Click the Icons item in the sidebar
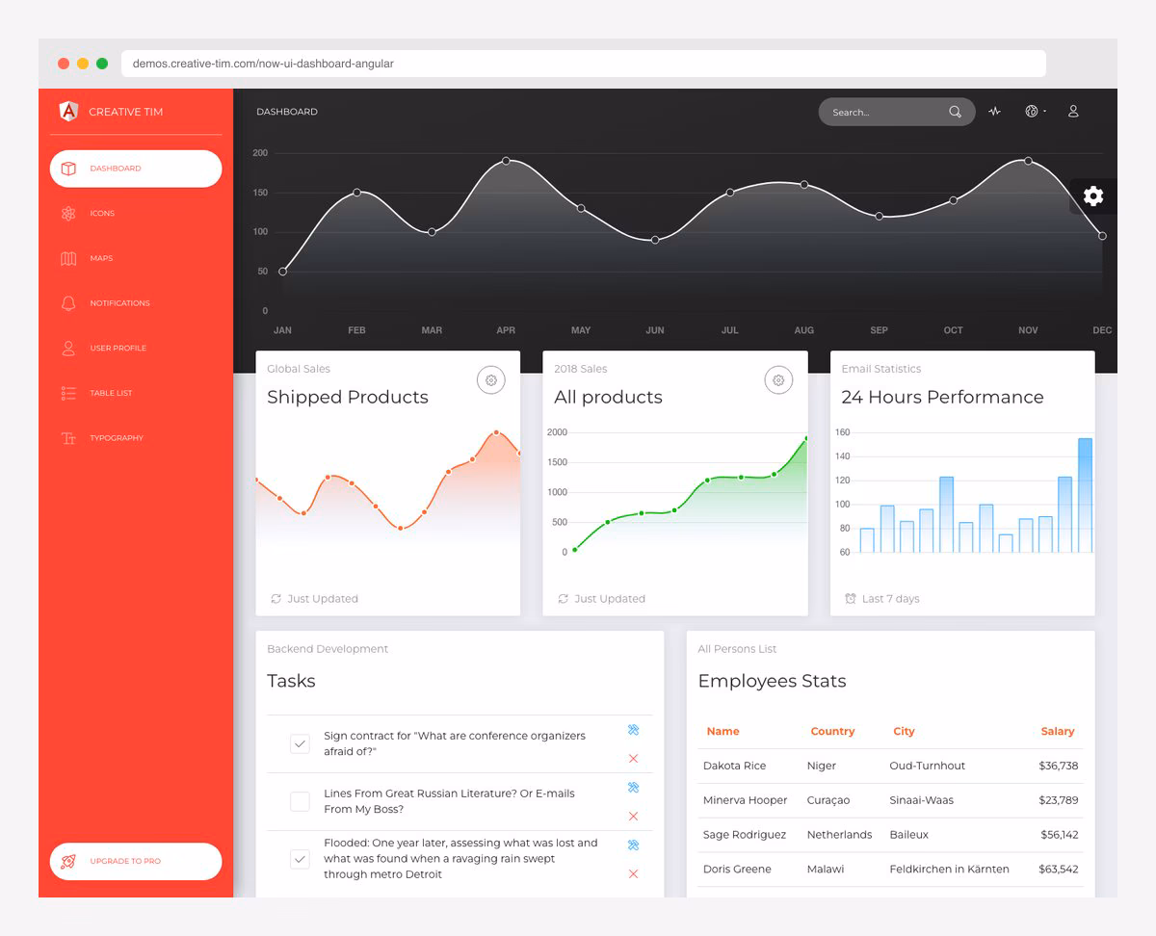pyautogui.click(x=101, y=214)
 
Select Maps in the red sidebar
pyautogui.click(x=100, y=258)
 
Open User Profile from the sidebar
pyautogui.click(x=117, y=348)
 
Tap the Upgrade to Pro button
pyautogui.click(x=135, y=861)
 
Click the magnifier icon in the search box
pyautogui.click(x=955, y=112)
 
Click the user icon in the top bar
pyautogui.click(x=1073, y=112)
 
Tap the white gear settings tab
pyautogui.click(x=1092, y=196)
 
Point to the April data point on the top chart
pyautogui.click(x=506, y=161)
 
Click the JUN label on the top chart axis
pyautogui.click(x=655, y=330)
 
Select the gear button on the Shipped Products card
pyautogui.click(x=491, y=380)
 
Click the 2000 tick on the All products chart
pyautogui.click(x=557, y=432)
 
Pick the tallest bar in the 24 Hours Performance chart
pyautogui.click(x=1085, y=495)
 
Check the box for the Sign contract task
pyautogui.click(x=300, y=743)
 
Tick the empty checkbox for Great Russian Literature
pyautogui.click(x=300, y=801)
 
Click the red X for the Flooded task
pyautogui.click(x=633, y=873)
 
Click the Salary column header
pyautogui.click(x=1057, y=732)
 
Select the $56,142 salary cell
pyautogui.click(x=1058, y=835)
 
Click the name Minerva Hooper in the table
pyautogui.click(x=745, y=800)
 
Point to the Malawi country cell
pyautogui.click(x=825, y=869)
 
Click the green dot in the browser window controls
pyautogui.click(x=102, y=64)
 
